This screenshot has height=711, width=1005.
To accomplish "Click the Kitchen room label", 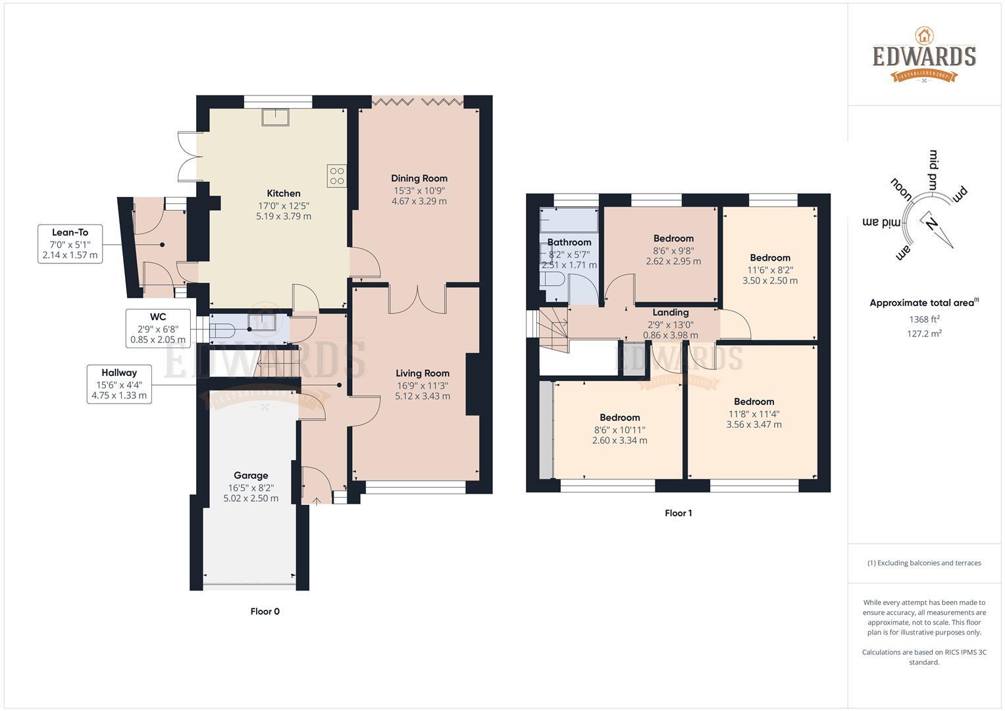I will point(283,194).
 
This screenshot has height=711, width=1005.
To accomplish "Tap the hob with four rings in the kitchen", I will point(337,176).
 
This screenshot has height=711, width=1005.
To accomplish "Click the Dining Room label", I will point(419,178).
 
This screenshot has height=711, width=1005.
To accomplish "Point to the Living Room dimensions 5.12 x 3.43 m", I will point(423,396).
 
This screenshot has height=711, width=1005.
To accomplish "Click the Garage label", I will point(251,475).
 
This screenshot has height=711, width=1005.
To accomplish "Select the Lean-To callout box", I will point(70,244).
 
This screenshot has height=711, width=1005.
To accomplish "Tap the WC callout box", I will point(158,329).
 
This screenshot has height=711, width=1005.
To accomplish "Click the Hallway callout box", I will point(119,384).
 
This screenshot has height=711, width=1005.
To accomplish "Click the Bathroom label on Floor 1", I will point(569,242).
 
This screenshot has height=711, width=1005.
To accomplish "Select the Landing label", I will point(670,313).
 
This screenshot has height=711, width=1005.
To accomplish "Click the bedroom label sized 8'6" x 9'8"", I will point(673,238).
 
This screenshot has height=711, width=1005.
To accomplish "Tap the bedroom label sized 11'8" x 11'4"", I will point(754,402).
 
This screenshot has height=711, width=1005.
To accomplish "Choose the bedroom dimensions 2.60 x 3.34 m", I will point(619,440).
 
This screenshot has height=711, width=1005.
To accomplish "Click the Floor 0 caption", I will point(265,612).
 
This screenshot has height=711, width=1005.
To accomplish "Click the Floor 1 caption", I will point(678,513).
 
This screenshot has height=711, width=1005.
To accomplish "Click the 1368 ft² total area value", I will point(924,320).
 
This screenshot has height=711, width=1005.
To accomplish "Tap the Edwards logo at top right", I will point(924,56).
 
